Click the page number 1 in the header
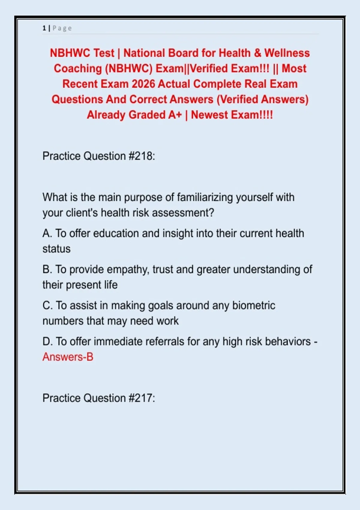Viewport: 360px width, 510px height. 44,28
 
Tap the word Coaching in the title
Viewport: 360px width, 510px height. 78,69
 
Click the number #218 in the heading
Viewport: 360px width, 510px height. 142,156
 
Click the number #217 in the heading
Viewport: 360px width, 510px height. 142,398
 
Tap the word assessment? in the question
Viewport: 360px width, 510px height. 183,213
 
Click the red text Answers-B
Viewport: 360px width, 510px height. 68,357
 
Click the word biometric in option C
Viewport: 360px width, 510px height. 253,305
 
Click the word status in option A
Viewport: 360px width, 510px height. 56,249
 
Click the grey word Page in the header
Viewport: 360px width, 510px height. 62,28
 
